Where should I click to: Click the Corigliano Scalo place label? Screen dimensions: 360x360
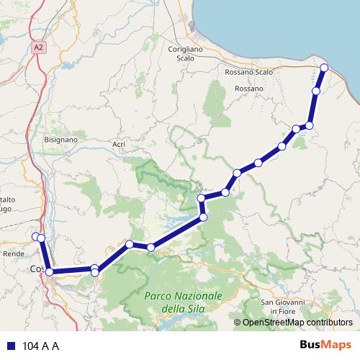(x=186, y=52)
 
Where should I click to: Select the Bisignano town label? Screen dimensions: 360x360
(x=60, y=139)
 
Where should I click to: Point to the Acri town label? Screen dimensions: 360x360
(x=119, y=145)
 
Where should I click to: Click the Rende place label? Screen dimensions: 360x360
(x=14, y=253)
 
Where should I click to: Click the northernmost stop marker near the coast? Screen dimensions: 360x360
(x=324, y=68)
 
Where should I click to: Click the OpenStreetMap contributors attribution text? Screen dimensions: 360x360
(x=297, y=323)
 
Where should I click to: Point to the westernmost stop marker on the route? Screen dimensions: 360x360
(x=35, y=236)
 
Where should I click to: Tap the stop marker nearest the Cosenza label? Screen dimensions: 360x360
(x=49, y=271)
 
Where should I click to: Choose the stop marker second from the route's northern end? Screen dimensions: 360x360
(x=315, y=91)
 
